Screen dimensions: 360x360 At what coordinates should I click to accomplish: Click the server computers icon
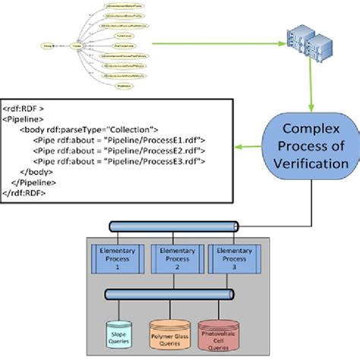[310, 46]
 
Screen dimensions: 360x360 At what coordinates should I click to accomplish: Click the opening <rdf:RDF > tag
[27, 107]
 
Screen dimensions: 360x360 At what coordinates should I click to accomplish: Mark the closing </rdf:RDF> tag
[29, 194]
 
